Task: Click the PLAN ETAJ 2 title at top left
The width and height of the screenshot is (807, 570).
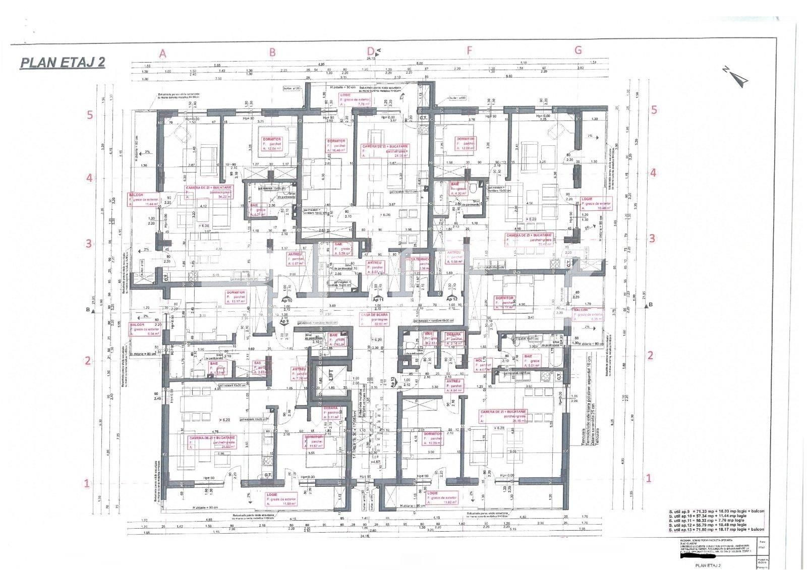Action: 63,63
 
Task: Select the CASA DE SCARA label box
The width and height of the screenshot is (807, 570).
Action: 374,320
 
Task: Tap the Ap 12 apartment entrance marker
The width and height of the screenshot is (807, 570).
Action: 451,299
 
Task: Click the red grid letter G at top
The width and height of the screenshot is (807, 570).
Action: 578,50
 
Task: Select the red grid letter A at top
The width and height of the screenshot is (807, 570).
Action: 162,53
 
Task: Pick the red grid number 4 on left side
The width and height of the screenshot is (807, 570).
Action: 90,178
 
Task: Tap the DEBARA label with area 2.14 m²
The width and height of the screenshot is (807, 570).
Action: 454,339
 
